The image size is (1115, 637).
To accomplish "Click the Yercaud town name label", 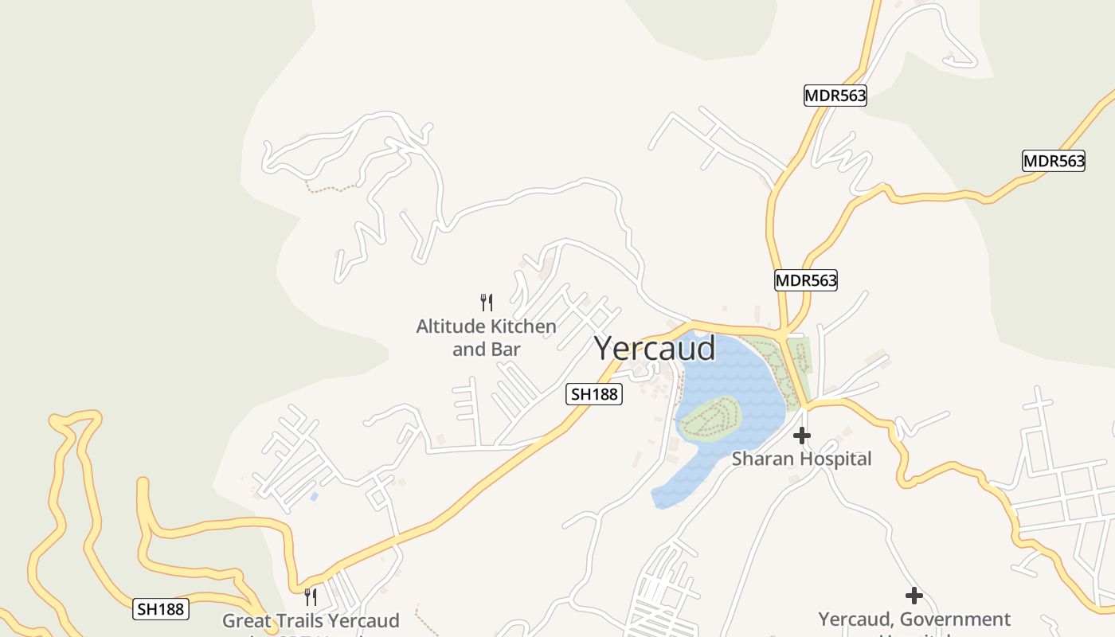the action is click(655, 349).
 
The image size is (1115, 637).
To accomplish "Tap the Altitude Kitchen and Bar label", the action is click(486, 338).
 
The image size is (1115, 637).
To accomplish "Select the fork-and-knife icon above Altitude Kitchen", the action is click(487, 302).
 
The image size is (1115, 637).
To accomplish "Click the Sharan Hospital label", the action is click(801, 459).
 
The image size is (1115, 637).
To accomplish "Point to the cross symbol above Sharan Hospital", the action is click(802, 436).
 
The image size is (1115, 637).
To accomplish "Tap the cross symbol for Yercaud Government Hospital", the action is click(914, 595).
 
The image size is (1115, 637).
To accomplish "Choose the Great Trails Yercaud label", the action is click(311, 620).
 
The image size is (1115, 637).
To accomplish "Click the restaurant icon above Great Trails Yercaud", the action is click(311, 596).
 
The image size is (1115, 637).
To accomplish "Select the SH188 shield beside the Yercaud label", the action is click(594, 393).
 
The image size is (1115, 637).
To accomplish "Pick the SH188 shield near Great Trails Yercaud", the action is click(161, 609).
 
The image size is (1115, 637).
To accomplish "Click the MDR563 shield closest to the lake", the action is click(806, 280).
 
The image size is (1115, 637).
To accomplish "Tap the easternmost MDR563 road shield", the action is click(1054, 161).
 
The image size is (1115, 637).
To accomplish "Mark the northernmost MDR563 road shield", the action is click(835, 96).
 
